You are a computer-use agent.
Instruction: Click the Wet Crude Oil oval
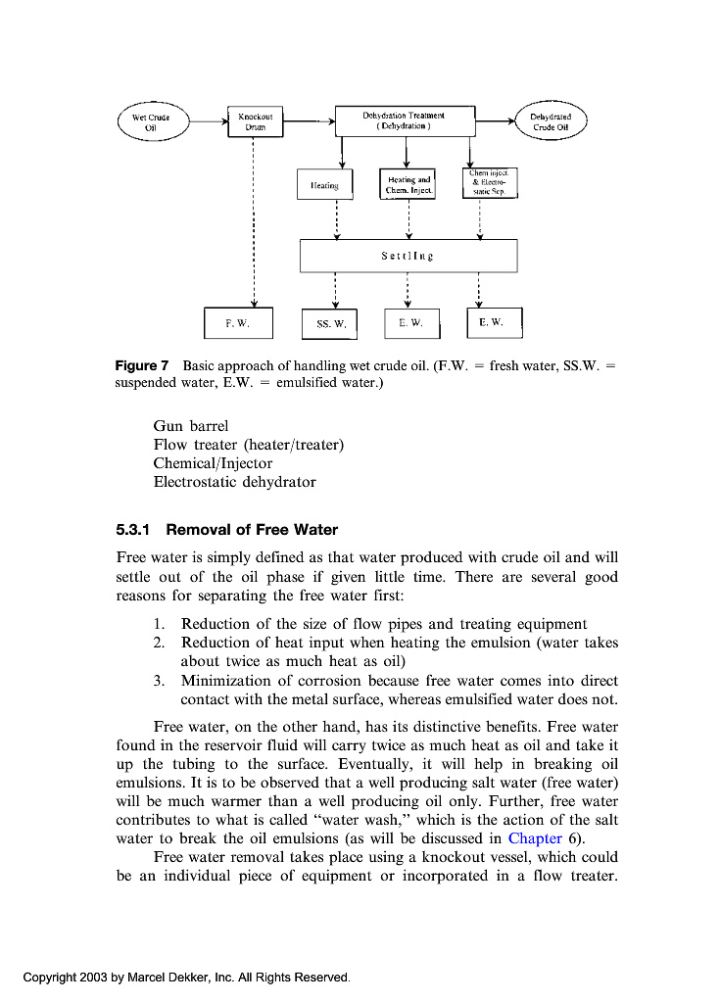coord(151,122)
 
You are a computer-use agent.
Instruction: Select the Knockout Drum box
coord(255,122)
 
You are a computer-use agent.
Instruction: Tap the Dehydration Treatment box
coord(405,121)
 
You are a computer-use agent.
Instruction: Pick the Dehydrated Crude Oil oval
coord(551,122)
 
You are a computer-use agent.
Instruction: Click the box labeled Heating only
coord(324,184)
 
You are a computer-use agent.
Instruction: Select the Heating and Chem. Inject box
coord(408,184)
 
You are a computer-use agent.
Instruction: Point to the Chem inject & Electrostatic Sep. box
coord(490,182)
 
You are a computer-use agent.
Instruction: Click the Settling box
coord(408,256)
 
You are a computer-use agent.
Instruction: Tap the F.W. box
coord(238,322)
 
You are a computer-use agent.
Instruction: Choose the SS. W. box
coord(331,323)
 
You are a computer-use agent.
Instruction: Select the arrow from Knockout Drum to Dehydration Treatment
coord(309,122)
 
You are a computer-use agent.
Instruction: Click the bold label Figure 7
coord(142,366)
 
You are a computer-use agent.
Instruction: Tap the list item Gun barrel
coord(191,427)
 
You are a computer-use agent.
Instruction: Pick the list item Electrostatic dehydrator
coord(234,482)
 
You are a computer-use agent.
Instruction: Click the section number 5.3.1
coord(131,530)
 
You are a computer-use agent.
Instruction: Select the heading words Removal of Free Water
coord(252,530)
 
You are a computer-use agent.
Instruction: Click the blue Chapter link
coord(535,838)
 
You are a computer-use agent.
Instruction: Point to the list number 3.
coord(158,681)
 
